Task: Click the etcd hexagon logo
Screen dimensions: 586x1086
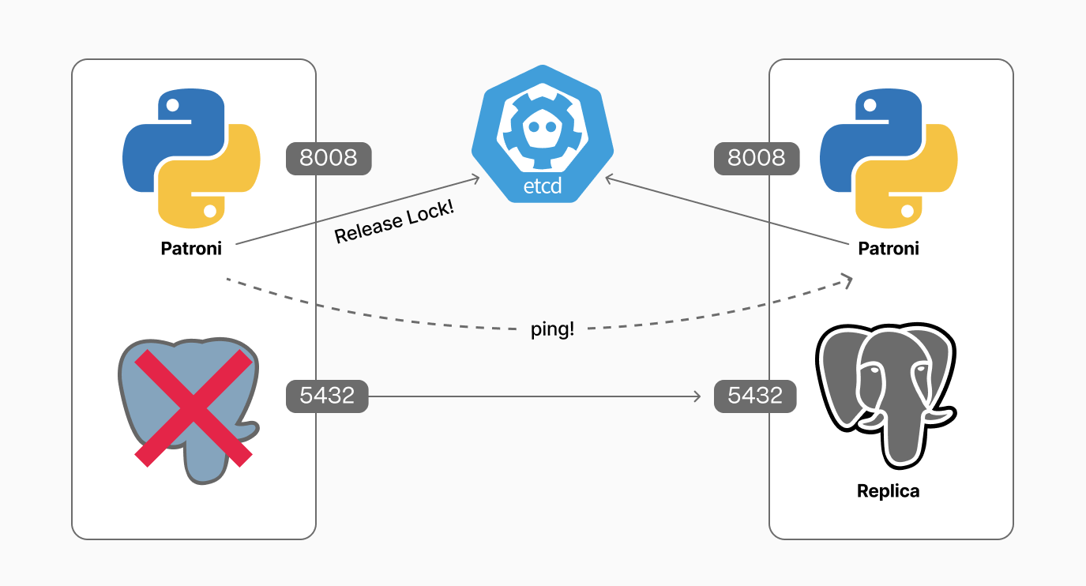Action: pyautogui.click(x=542, y=134)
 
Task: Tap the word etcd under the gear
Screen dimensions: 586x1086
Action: pyautogui.click(x=542, y=188)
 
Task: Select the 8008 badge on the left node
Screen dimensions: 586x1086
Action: pyautogui.click(x=328, y=158)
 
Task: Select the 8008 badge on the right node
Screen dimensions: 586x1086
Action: pyautogui.click(x=756, y=158)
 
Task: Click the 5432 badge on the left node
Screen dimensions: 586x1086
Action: pyautogui.click(x=327, y=396)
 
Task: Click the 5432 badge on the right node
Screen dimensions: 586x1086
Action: pyautogui.click(x=755, y=396)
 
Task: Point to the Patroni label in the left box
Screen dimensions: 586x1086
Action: pyautogui.click(x=191, y=248)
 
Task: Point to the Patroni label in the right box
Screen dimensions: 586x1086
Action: pyautogui.click(x=889, y=248)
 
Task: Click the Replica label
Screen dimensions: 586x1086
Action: pyautogui.click(x=889, y=491)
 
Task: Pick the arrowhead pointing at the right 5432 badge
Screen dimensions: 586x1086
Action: pyautogui.click(x=697, y=396)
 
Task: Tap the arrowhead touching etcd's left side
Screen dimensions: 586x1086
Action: pyautogui.click(x=475, y=179)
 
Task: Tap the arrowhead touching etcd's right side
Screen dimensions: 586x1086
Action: pyautogui.click(x=609, y=180)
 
